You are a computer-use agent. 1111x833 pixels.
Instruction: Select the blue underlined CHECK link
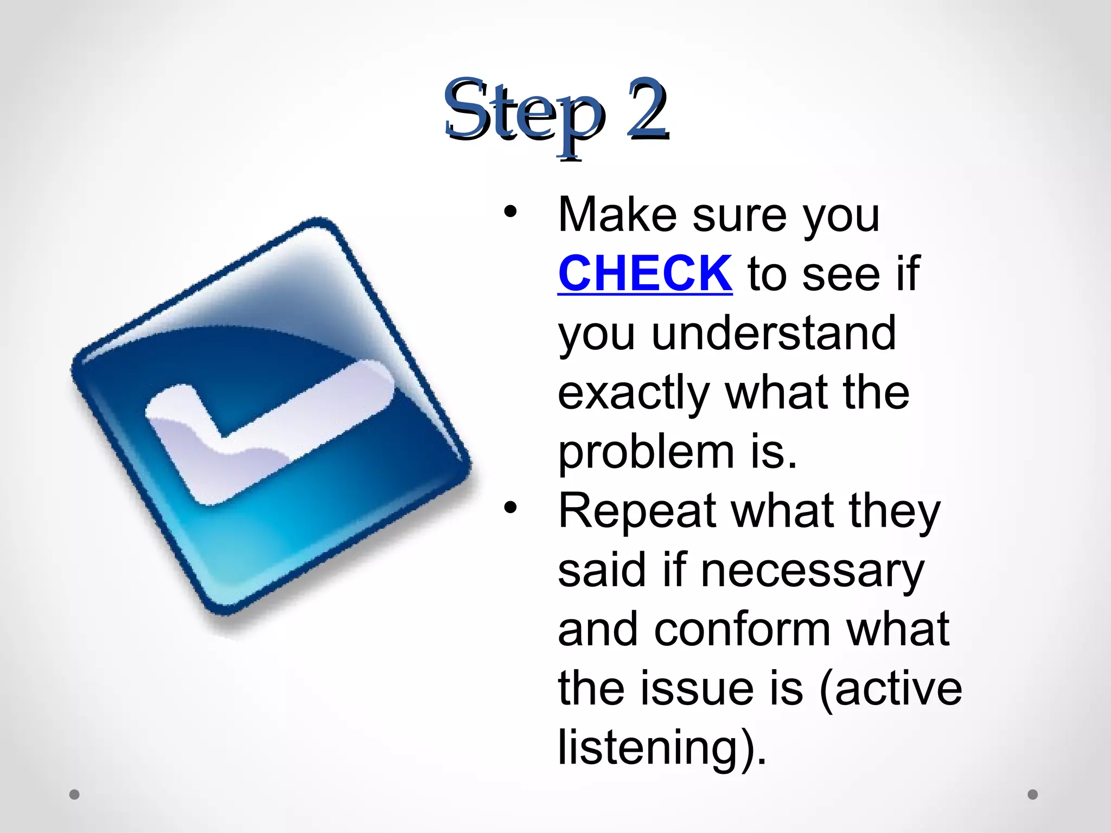645,273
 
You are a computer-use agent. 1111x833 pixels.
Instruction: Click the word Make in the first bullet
617,215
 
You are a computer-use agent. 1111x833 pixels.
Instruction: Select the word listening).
662,748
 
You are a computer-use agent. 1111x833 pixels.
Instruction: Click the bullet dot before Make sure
510,212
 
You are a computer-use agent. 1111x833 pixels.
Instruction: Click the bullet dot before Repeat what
510,508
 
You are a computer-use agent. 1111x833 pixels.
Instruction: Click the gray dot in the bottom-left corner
74,794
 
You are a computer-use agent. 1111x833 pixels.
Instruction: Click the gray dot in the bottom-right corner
1032,794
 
